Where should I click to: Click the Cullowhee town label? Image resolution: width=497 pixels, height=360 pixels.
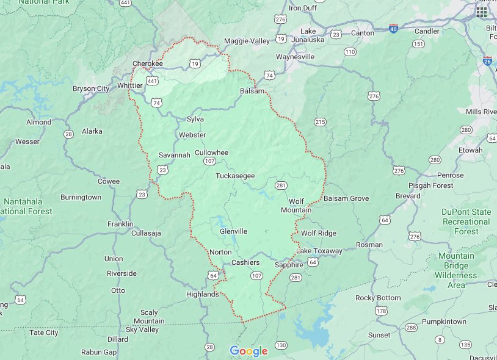pos(211,152)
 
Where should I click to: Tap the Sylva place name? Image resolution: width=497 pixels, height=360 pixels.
pos(195,119)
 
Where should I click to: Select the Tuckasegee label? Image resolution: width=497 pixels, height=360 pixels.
pos(234,176)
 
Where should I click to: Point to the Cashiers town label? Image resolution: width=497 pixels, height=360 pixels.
pos(245,262)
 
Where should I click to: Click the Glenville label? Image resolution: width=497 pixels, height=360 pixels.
pos(233,231)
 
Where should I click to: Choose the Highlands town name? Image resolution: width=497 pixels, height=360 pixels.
pos(202,294)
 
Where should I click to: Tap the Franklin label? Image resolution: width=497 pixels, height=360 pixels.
pos(120,224)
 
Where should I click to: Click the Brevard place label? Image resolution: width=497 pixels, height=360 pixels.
pos(407,196)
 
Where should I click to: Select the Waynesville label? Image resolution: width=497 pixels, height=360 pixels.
pos(295,57)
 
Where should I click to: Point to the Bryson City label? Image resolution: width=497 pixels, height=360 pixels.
pos(91,88)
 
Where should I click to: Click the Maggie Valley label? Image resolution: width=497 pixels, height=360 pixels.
pos(247,41)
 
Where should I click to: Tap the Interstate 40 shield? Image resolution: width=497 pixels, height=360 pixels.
pos(394,27)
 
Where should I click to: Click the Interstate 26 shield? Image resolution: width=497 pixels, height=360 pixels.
pos(487,61)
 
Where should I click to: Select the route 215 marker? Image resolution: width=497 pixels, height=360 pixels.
pos(320,123)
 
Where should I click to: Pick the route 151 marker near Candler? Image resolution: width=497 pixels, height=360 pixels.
pos(418,43)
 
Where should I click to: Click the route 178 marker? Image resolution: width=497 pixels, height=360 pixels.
pos(382,311)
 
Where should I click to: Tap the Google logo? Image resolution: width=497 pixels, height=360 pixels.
pos(248,351)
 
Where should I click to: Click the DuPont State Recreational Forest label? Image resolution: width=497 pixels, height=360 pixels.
pos(466,221)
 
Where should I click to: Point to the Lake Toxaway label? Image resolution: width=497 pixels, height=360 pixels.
pos(319,251)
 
